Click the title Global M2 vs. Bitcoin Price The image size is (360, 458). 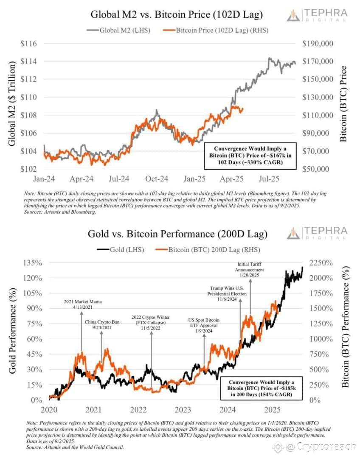coord(177,15)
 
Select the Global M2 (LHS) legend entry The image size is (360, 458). coord(118,30)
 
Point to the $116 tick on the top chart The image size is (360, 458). coord(28,44)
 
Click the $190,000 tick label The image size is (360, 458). coord(318,44)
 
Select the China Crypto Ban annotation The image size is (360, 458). coord(102,325)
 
